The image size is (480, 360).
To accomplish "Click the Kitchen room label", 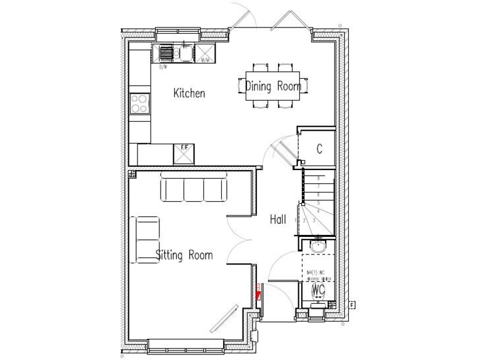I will coord(189,93).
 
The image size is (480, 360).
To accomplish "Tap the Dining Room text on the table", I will coord(272,86).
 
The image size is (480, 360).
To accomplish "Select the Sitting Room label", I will coord(184,254).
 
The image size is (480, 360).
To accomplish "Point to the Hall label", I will coord(278,219).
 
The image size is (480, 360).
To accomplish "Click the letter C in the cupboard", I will coord(319,149).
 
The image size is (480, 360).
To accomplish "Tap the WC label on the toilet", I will coord(319,290).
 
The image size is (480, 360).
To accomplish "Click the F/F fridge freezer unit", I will coord(184,153).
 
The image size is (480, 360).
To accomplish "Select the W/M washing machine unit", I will coord(204,52).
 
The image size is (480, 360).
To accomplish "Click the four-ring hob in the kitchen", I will coord(139,103).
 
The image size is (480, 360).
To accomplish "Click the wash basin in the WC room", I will coord(319,245).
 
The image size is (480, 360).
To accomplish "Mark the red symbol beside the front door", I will coord(257,291).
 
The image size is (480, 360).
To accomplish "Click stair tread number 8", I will coord(319,178).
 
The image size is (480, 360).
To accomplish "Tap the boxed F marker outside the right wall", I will coord(352,305).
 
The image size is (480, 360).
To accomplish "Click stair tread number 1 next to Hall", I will coord(296,220).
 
